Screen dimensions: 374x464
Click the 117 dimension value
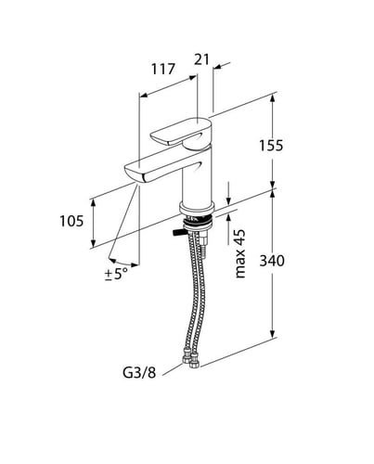point(163,70)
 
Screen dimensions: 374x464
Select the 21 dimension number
point(201,59)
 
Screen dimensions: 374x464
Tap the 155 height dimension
point(271,146)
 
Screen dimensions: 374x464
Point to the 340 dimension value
point(272,261)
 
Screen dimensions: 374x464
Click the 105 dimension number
point(71,221)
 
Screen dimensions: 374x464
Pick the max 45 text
point(240,253)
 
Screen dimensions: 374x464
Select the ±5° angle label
point(116,274)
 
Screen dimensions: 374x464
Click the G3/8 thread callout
point(139,373)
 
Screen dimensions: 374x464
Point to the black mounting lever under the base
point(178,233)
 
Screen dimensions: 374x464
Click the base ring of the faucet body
point(197,209)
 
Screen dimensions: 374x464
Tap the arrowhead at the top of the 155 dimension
point(272,97)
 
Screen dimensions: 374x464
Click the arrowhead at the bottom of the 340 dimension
point(272,333)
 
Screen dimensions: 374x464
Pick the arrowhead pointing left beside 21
point(218,67)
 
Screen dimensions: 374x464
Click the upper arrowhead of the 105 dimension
point(93,203)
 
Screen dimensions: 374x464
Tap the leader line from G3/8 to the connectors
point(173,369)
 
